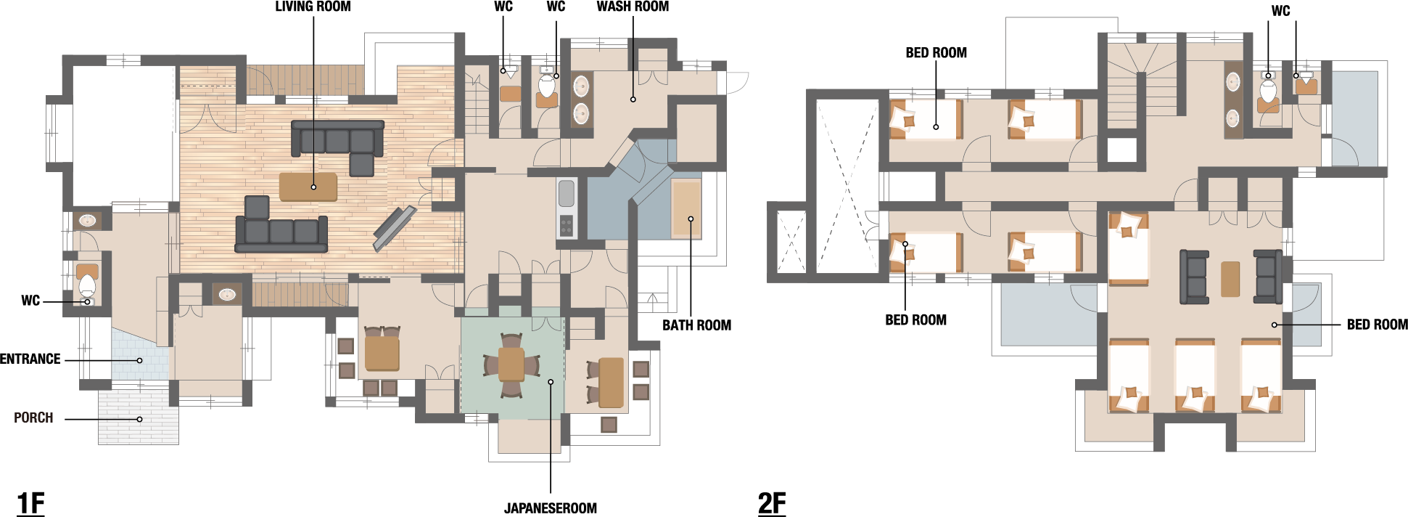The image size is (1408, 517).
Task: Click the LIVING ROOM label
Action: pos(313,7)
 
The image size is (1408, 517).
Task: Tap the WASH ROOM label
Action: pos(633,7)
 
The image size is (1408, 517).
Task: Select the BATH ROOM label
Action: pos(696,325)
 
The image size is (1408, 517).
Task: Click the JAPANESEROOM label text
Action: pos(551,508)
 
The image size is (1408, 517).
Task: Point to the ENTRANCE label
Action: pos(30,359)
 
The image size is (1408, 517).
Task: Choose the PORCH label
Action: pos(33,418)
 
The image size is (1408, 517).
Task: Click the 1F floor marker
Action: pos(30,502)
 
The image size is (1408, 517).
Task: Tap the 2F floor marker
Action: pos(772,502)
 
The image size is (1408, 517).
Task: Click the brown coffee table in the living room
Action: pos(308,187)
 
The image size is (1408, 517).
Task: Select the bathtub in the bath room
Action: pos(686,209)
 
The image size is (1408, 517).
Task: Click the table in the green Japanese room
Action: pos(511,365)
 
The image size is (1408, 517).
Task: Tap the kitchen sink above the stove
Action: pos(567,193)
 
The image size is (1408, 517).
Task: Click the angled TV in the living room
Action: pos(395,228)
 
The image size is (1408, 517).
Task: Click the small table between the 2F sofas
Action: pos(1230,279)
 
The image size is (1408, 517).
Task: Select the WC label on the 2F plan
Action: pos(1281,11)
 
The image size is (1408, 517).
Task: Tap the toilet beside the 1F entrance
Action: pos(87,285)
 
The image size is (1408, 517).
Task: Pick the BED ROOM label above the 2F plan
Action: pos(936,53)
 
